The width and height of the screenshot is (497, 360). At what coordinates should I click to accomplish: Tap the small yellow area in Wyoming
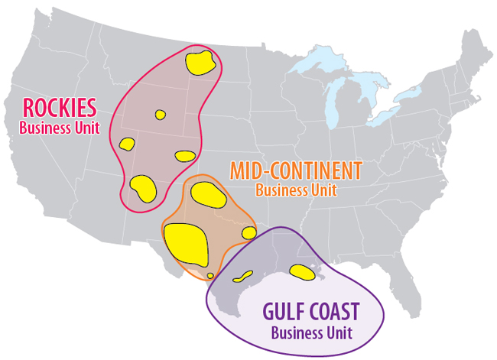tap(160, 115)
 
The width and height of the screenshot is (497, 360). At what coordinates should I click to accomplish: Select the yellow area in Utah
tap(126, 143)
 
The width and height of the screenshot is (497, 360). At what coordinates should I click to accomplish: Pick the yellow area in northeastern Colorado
tap(186, 156)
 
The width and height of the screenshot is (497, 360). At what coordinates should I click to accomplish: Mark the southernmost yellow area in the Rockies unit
tap(143, 186)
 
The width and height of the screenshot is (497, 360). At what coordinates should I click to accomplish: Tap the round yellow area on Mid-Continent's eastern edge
tap(249, 233)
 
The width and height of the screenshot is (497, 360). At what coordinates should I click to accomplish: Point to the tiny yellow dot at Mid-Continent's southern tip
tap(210, 275)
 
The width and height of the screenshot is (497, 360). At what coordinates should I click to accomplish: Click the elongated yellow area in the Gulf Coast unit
tap(242, 276)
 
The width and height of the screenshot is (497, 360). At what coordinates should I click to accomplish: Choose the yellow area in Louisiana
tap(303, 271)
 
